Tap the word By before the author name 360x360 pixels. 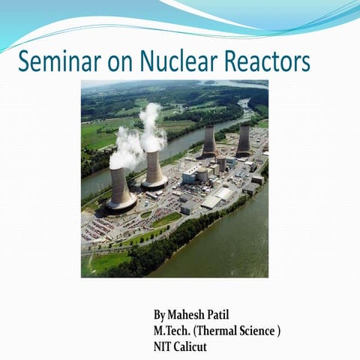(160, 315)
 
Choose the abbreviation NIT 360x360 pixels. (163, 346)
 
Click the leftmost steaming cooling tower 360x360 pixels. (121, 188)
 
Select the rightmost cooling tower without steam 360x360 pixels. (244, 141)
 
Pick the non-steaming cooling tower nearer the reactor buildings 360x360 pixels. (209, 142)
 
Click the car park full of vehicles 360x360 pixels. (105, 226)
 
